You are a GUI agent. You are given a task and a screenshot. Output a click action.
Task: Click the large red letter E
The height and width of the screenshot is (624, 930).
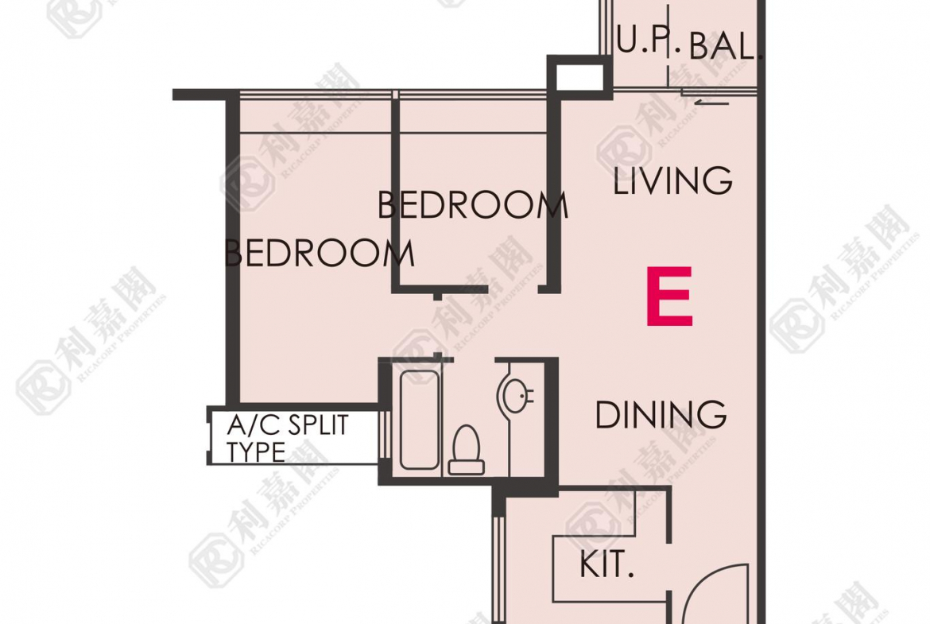(669, 296)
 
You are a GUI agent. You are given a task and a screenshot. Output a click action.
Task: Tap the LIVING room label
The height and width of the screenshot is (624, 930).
(672, 180)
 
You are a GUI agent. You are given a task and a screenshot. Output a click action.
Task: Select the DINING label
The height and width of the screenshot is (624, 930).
(661, 415)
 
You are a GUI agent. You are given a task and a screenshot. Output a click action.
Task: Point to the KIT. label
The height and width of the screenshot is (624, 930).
(606, 564)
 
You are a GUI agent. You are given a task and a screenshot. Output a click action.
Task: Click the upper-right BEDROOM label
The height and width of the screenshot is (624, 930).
(473, 205)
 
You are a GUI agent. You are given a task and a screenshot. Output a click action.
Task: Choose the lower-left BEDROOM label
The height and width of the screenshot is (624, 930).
(319, 254)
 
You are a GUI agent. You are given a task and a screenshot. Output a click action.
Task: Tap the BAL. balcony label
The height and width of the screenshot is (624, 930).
(725, 45)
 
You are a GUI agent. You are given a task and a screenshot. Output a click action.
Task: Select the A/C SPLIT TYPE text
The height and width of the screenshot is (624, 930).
(289, 439)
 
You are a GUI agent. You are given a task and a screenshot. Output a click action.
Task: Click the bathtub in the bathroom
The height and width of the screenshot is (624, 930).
(420, 420)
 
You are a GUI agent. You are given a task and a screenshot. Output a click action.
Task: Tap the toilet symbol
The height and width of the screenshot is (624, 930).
(466, 450)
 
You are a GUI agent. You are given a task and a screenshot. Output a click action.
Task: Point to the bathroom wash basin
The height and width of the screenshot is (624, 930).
(515, 395)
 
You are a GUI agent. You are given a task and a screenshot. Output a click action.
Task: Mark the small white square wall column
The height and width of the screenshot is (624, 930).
(579, 77)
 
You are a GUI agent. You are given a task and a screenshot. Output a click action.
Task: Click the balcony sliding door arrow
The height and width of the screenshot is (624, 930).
(711, 103)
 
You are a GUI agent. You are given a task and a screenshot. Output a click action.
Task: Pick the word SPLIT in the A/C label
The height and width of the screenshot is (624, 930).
(318, 426)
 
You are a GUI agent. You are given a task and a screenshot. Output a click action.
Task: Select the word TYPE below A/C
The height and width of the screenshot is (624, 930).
(256, 452)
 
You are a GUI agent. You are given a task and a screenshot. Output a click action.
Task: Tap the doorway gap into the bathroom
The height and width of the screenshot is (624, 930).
(474, 359)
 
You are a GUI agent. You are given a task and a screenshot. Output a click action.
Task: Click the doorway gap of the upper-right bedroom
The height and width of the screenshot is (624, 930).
(513, 289)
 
